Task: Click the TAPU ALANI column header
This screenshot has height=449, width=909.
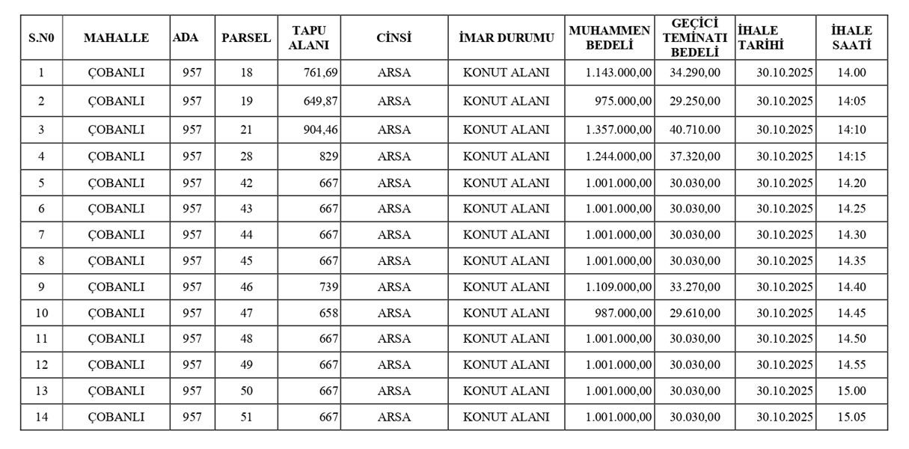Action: [x=309, y=37]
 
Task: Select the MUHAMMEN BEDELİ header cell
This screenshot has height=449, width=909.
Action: [x=609, y=37]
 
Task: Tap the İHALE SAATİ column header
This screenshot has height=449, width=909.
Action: [x=851, y=37]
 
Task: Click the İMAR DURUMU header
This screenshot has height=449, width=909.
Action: [x=506, y=37]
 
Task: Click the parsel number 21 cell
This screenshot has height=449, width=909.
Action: [x=246, y=129]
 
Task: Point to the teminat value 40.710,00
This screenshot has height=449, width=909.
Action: [x=695, y=129]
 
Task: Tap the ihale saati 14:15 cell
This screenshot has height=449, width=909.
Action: [x=851, y=156]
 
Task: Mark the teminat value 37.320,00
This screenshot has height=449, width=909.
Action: [x=695, y=156]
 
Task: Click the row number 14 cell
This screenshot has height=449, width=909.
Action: [x=42, y=417]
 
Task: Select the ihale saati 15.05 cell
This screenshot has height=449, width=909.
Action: [x=851, y=417]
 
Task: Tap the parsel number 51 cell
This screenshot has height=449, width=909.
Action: [x=246, y=417]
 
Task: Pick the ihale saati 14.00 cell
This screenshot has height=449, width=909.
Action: [x=851, y=73]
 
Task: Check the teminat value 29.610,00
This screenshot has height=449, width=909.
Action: [x=695, y=313]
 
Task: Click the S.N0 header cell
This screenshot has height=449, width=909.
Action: [x=42, y=37]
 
